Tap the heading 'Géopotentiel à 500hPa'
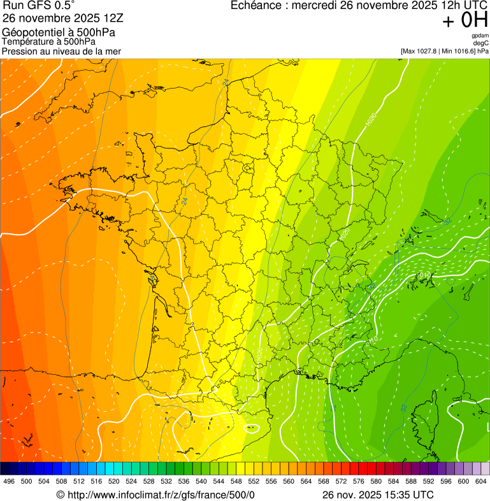tap(59, 33)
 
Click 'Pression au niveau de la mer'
tap(61, 51)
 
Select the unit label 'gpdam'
tap(480, 36)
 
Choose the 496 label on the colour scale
tap(9, 482)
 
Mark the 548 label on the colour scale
tap(235, 482)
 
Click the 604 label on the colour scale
tap(480, 482)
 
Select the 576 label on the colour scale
tap(358, 482)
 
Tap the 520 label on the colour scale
tap(113, 482)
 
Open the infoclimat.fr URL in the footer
tap(161, 495)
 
